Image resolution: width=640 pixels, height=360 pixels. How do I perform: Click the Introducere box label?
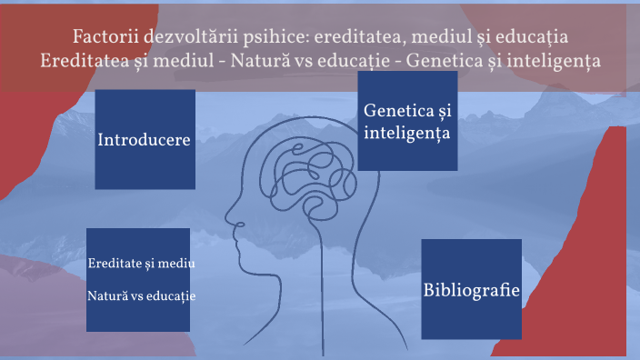tap(144, 140)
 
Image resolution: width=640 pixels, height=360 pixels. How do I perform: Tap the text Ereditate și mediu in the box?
tap(143, 264)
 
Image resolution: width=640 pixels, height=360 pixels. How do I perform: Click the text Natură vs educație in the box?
tap(143, 296)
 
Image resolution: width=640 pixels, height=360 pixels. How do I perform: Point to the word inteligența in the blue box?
tap(405, 134)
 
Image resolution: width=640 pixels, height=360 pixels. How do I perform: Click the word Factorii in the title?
tap(102, 38)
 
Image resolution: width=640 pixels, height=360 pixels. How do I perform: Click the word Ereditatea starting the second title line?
tap(82, 62)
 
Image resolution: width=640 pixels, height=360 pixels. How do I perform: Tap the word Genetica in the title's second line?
tap(441, 62)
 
